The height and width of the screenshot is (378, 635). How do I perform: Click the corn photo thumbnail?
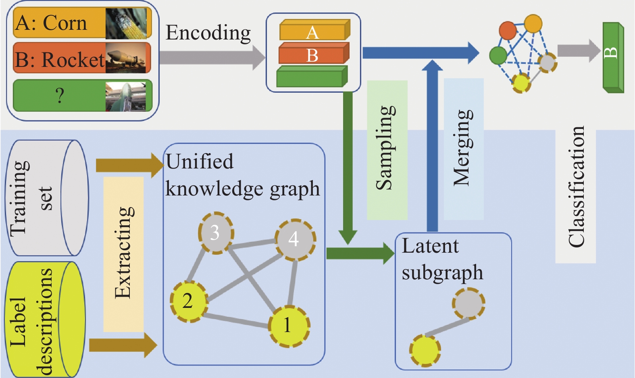click(x=126, y=23)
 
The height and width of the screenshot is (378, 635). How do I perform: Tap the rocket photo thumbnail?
click(x=126, y=58)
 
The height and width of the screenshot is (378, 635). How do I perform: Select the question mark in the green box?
click(x=59, y=96)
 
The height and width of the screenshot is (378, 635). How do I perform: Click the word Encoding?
click(x=208, y=33)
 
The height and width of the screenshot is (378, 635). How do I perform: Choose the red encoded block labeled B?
click(x=313, y=54)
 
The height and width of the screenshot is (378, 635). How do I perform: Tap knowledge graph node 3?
click(x=216, y=233)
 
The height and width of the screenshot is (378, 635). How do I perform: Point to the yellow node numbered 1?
click(x=288, y=325)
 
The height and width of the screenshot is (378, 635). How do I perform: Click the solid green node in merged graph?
click(x=498, y=56)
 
